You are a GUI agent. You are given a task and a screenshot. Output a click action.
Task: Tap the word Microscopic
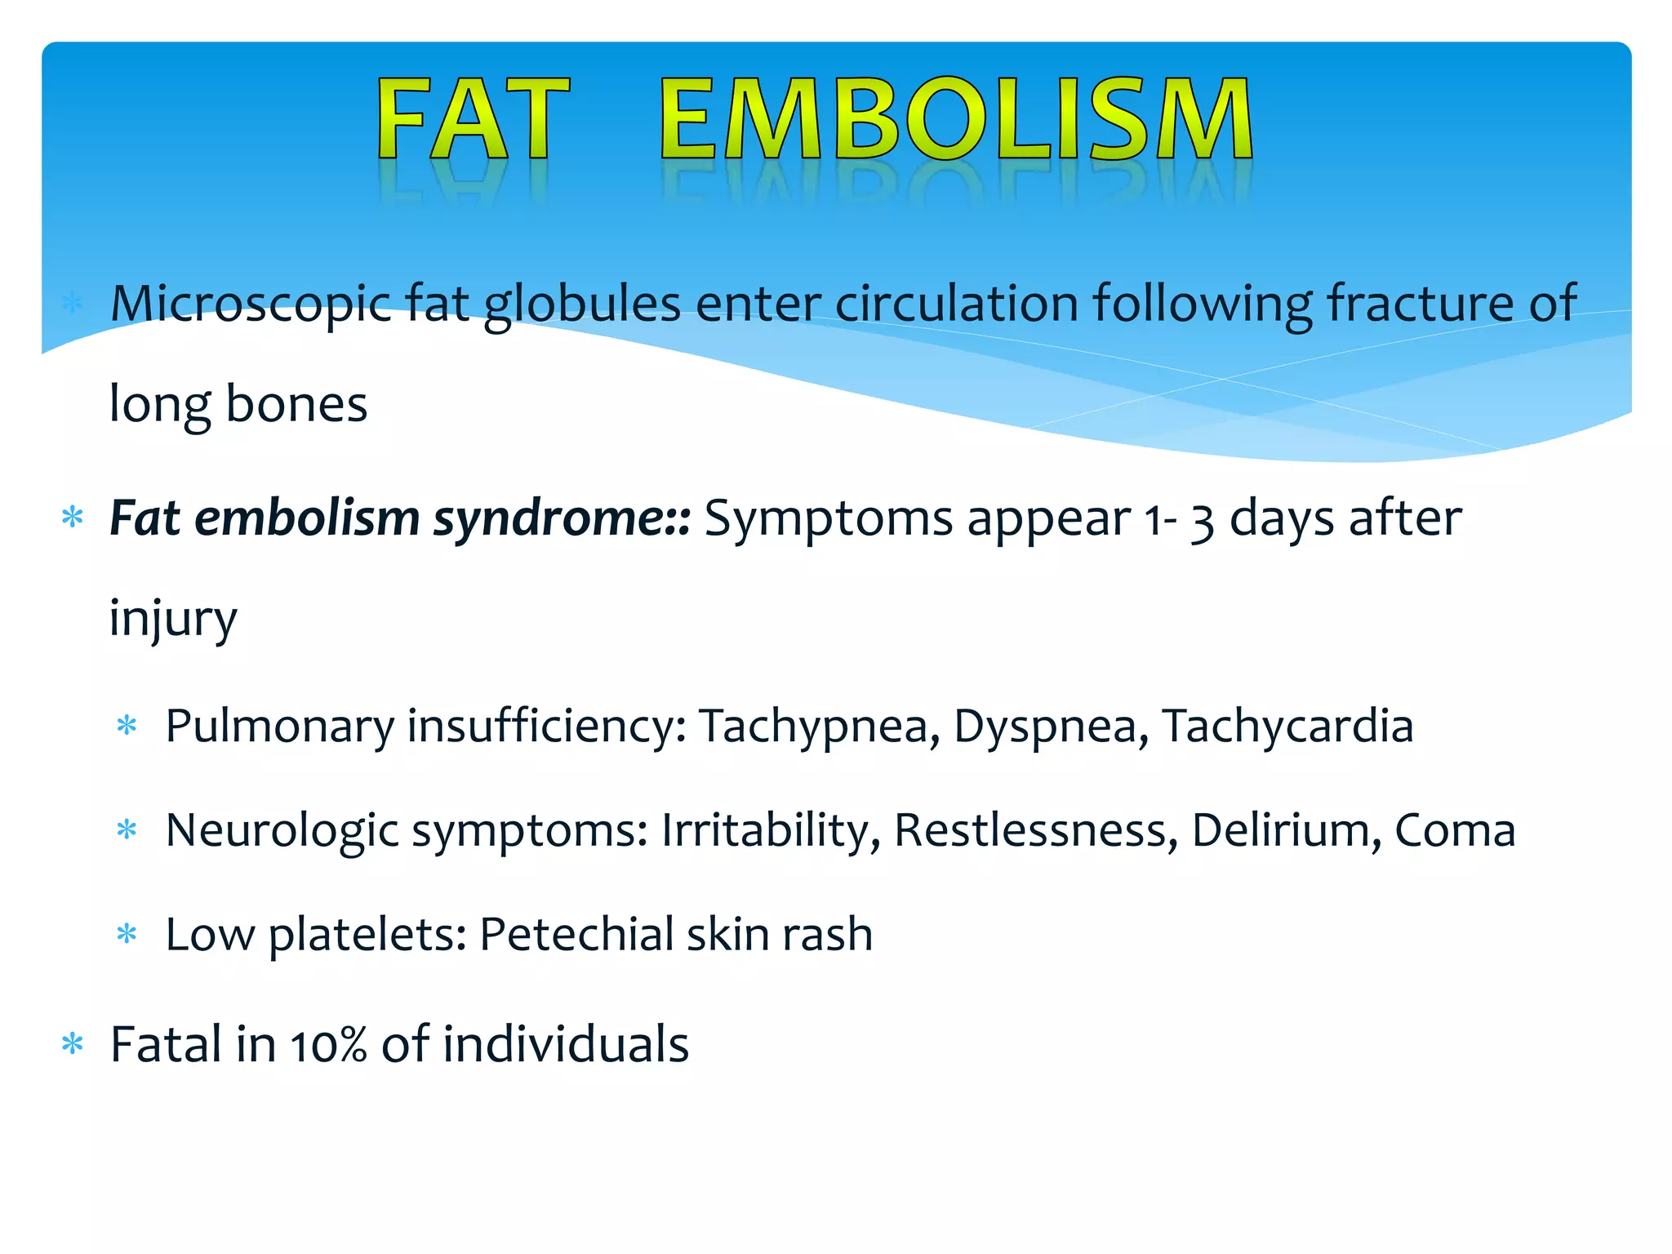tap(251, 305)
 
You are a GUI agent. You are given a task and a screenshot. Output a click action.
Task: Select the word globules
tap(582, 305)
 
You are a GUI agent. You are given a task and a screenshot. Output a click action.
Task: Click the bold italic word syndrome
tap(562, 519)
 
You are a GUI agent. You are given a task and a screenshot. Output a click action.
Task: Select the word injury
tap(173, 619)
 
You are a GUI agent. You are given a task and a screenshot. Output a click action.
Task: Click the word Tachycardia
tap(1287, 726)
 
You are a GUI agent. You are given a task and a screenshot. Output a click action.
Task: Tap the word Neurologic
tap(282, 830)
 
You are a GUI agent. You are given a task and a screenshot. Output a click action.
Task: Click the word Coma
tap(1455, 830)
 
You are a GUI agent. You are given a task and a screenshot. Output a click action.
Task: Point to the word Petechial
tap(576, 934)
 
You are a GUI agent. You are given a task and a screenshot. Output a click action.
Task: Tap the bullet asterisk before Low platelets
tap(127, 934)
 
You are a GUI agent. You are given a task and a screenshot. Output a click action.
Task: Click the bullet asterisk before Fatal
tap(73, 1044)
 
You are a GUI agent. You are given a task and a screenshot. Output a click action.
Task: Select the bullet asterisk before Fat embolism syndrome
tap(73, 518)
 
